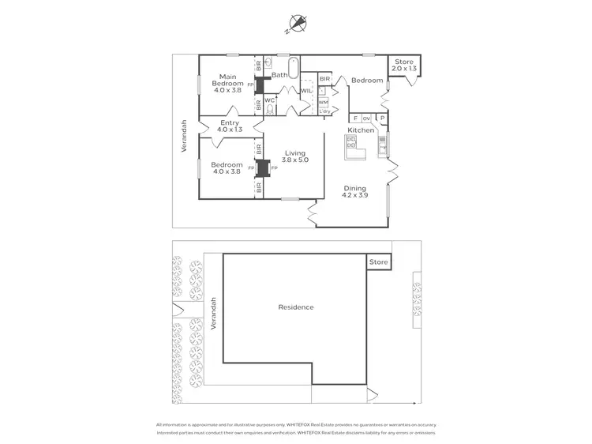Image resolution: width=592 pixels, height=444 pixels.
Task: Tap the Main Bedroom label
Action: coord(230,84)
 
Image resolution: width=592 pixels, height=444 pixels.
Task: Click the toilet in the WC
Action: coord(269,109)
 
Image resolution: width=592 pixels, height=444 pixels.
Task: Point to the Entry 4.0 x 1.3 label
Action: coord(230,126)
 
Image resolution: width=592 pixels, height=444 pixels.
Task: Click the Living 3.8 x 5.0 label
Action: coord(296,156)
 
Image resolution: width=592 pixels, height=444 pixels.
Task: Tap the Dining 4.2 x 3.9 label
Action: coord(354,192)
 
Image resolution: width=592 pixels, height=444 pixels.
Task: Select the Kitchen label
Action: coord(362,130)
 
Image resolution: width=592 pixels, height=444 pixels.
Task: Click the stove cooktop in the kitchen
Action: coord(351,142)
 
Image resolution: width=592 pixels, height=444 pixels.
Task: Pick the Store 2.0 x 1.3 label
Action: coord(404,65)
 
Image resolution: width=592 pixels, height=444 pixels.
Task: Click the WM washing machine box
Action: coord(324,102)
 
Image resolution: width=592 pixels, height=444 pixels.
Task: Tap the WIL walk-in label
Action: coord(306,92)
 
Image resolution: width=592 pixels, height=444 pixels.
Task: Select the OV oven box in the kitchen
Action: coord(366,119)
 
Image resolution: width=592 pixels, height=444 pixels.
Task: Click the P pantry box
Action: coord(383,119)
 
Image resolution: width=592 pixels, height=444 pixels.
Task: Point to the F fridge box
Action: coord(355,119)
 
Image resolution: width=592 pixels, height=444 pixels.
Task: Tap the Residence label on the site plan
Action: coord(296,307)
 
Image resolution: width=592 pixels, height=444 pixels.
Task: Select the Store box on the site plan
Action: coord(379,262)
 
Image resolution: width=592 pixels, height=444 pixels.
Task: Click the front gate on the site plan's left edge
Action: coord(177,308)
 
